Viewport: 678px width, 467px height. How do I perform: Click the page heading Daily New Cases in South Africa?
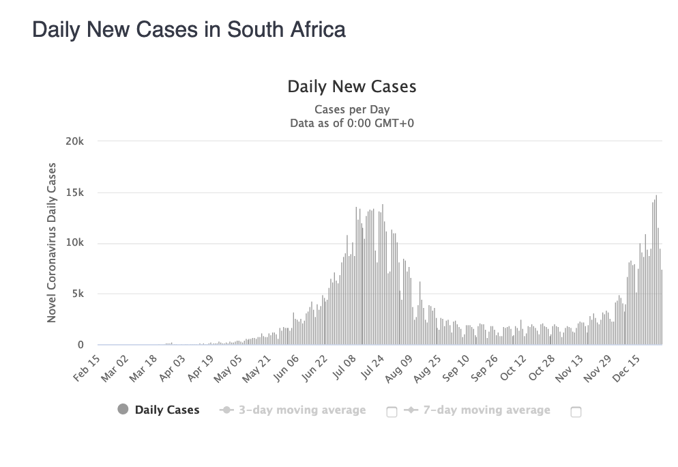(189, 30)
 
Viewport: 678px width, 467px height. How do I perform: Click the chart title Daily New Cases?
(352, 87)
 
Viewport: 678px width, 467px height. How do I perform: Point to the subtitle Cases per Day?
(352, 109)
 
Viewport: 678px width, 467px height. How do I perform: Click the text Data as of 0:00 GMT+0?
(352, 123)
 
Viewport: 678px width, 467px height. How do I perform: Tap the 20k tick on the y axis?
(75, 141)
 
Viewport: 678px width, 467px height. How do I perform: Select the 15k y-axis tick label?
(75, 193)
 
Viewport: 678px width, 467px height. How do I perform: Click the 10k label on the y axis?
(75, 243)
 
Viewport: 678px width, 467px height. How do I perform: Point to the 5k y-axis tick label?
(77, 294)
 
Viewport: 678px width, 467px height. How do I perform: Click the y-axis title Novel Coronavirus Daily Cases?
(52, 242)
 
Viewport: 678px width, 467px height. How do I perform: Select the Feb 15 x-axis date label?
(87, 369)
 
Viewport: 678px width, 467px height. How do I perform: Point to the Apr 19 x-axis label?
(203, 369)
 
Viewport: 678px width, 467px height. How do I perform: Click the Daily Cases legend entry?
(167, 410)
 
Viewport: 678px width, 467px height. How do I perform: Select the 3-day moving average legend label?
(301, 410)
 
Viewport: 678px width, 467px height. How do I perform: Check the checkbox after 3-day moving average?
(392, 412)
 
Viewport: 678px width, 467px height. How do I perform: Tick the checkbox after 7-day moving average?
(576, 412)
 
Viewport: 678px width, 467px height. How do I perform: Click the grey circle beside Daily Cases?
(123, 410)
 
